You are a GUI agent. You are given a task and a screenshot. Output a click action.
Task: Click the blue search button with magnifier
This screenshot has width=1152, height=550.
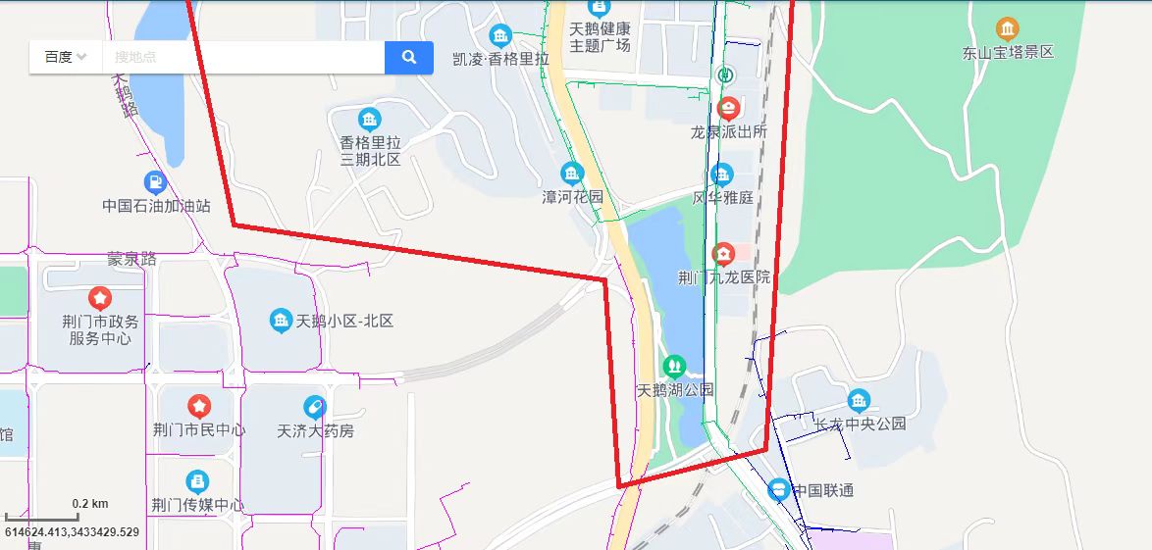[x=409, y=57]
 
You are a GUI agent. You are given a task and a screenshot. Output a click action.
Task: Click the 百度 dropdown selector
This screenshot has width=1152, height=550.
[x=66, y=57]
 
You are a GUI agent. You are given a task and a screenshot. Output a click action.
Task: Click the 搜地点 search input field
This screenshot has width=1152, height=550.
[x=242, y=57]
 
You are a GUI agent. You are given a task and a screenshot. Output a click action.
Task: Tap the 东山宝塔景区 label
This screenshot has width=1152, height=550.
[x=1008, y=52]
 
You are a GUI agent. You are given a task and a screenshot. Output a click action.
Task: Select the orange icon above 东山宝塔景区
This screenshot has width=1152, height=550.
[x=1007, y=28]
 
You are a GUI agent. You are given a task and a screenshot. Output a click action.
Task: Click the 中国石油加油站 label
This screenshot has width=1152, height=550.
[x=157, y=206]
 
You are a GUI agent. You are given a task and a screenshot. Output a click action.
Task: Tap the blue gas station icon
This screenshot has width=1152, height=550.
[x=155, y=182]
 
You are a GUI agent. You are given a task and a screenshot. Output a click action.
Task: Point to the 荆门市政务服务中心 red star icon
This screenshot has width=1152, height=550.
[x=99, y=298]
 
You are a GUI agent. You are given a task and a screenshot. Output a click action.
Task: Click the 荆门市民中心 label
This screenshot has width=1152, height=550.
[x=199, y=429]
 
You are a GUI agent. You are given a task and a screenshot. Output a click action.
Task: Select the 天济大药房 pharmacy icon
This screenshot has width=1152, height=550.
[x=314, y=406]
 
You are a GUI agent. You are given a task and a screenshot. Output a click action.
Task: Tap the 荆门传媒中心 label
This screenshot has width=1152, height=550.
[x=198, y=505]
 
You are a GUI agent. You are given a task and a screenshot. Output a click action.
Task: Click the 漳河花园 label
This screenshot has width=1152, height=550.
[x=573, y=197]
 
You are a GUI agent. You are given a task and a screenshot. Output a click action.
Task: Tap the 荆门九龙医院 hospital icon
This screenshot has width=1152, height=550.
[x=723, y=255]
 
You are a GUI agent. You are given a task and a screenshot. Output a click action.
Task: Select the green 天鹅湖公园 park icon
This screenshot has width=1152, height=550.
[x=674, y=367]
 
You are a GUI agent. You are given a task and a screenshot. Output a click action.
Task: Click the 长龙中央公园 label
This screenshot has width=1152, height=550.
[x=861, y=424]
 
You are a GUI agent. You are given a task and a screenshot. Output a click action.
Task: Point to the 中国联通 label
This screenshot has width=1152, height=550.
[x=823, y=489]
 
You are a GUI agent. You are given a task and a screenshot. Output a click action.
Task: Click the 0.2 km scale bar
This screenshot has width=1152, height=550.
[x=55, y=517]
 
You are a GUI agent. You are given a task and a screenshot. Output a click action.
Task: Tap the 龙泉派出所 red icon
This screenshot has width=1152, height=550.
[x=728, y=109]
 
